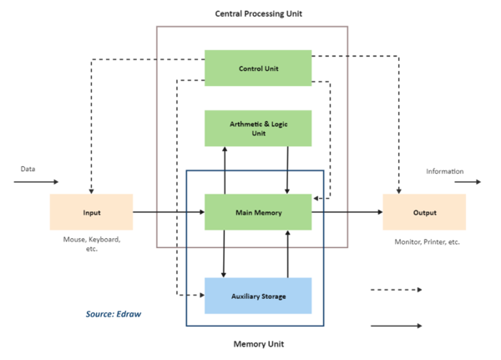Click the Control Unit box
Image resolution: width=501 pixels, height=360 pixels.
(258, 68)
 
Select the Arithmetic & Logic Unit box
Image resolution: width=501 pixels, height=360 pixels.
(258, 128)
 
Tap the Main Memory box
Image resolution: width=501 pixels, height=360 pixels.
(258, 212)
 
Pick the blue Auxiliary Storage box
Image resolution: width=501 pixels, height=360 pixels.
(258, 296)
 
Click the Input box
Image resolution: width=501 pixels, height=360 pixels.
(91, 212)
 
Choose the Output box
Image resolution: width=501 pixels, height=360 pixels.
(424, 212)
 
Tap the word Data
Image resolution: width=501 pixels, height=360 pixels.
(28, 169)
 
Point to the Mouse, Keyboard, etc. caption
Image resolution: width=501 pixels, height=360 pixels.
(92, 244)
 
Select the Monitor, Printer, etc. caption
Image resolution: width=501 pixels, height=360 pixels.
(426, 241)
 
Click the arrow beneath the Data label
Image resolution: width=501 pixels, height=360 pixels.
(37, 181)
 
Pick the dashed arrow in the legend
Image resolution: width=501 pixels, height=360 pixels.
(396, 290)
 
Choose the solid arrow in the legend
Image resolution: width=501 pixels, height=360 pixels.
(396, 327)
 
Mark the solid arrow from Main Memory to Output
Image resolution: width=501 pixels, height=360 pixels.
(347, 212)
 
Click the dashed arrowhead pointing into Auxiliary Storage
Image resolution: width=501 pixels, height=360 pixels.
(200, 295)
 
